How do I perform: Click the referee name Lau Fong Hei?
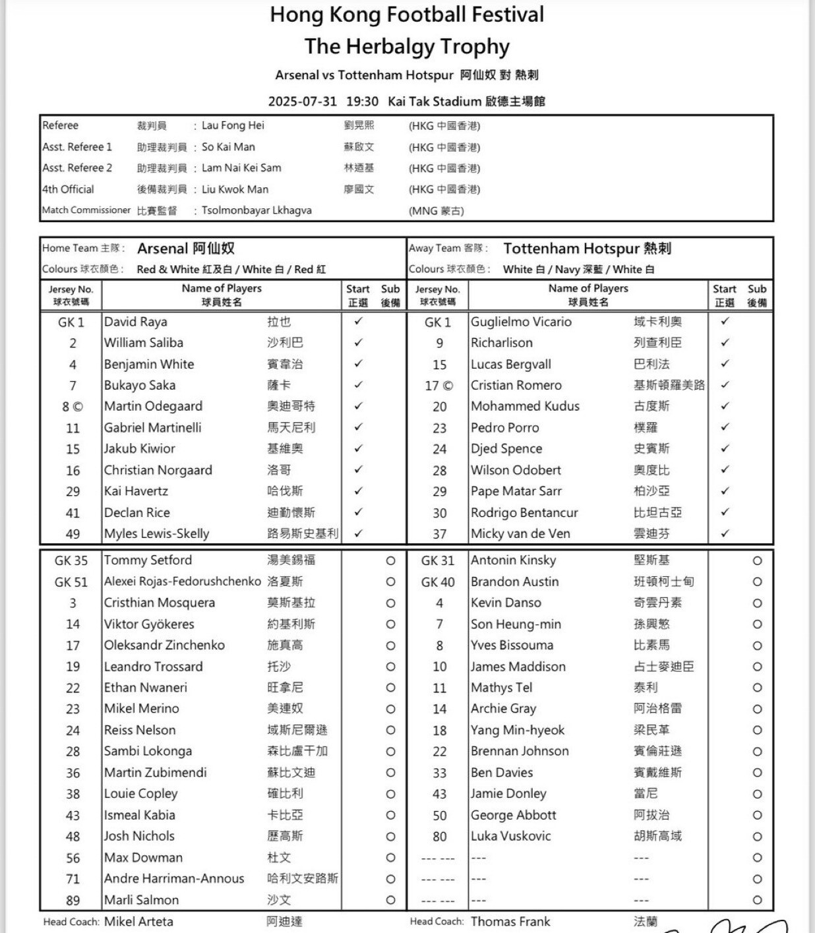click(x=233, y=125)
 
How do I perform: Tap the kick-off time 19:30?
click(x=362, y=102)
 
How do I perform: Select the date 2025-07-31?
click(x=302, y=102)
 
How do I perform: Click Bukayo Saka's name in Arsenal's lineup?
click(x=140, y=385)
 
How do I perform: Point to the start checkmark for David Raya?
click(x=358, y=322)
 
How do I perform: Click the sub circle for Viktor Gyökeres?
click(x=390, y=624)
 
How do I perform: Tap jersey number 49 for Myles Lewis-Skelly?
click(x=73, y=534)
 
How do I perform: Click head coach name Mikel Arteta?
click(x=138, y=921)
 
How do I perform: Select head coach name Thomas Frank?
click(x=510, y=921)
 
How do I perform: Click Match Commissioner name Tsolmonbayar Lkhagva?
click(x=257, y=210)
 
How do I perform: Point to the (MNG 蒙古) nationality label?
click(x=436, y=211)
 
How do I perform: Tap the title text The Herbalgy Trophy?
click(x=407, y=46)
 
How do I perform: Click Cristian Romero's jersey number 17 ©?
click(x=439, y=386)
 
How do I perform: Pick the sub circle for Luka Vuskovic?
click(x=757, y=836)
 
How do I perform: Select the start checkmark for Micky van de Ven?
click(x=725, y=533)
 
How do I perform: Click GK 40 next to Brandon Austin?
click(x=438, y=582)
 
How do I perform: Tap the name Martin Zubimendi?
click(x=155, y=772)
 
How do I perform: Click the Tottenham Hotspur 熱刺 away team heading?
click(x=587, y=249)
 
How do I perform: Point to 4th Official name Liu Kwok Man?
click(x=235, y=189)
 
